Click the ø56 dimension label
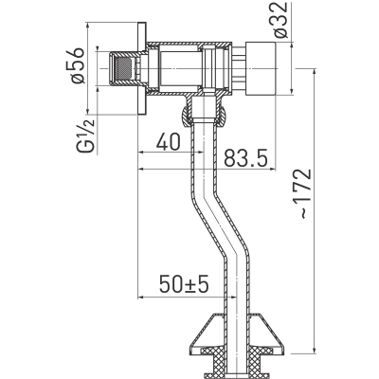click(78, 65)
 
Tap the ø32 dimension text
click(280, 20)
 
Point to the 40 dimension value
click(169, 141)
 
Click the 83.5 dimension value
click(245, 158)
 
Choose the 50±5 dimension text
click(184, 284)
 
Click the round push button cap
click(262, 68)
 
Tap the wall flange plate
click(142, 68)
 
